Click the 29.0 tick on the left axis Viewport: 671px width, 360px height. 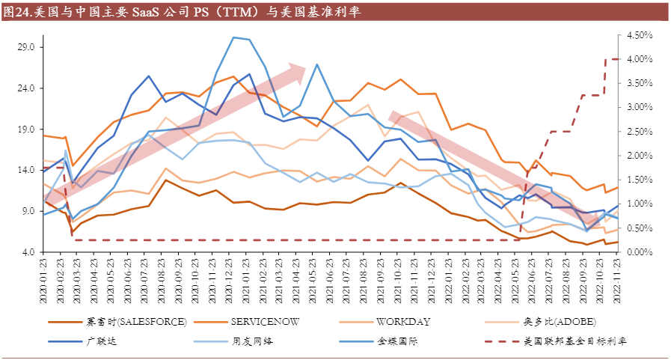26,47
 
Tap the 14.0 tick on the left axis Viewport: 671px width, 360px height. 26,170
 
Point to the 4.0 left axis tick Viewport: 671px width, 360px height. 28,252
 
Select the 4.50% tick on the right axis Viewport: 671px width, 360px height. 640,35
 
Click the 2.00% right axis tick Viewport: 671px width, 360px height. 640,156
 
